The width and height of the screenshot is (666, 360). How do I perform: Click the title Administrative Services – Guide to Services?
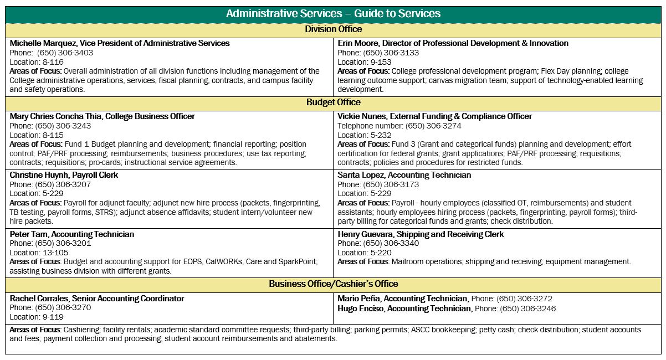point(333,13)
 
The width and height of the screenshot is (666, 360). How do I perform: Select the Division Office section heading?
point(333,29)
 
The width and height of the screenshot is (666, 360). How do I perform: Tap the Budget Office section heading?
point(333,102)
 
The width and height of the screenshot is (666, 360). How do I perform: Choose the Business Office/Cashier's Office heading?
point(333,284)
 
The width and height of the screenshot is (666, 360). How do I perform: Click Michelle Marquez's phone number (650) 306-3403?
point(65,53)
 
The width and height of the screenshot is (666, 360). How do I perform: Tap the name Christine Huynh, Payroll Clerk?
point(64,175)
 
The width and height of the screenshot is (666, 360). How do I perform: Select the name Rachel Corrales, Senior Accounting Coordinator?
point(97,299)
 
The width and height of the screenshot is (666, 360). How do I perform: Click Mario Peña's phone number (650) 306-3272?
point(524,299)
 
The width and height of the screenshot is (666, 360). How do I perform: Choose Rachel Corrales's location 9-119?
point(50,317)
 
